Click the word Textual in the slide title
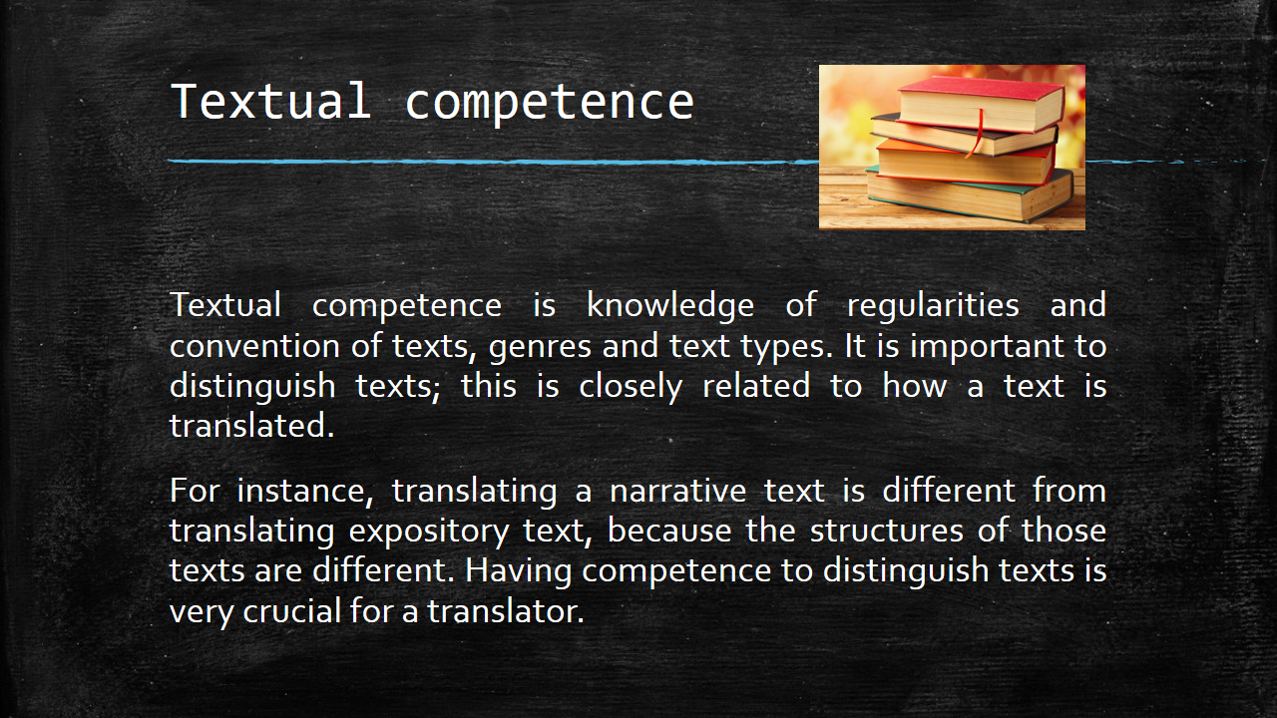pyautogui.click(x=271, y=101)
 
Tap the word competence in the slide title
pyautogui.click(x=549, y=104)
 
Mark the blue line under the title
pyautogui.click(x=707, y=162)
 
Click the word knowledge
pyautogui.click(x=670, y=305)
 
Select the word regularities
pyautogui.click(x=933, y=305)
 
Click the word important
pyautogui.click(x=987, y=346)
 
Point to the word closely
pyautogui.click(x=631, y=387)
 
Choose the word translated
pyautogui.click(x=252, y=426)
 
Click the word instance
pyautogui.click(x=305, y=492)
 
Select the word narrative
pyautogui.click(x=677, y=492)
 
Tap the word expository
pyautogui.click(x=429, y=533)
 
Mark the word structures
pyautogui.click(x=887, y=532)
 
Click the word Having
pyautogui.click(x=518, y=571)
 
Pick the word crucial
pyautogui.click(x=292, y=611)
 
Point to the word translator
pyautogui.click(x=506, y=611)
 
